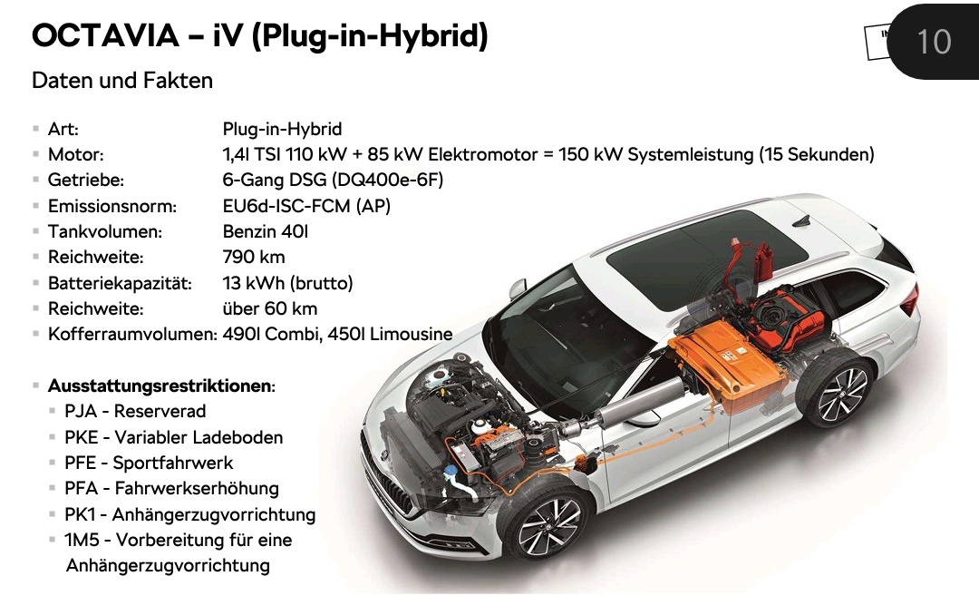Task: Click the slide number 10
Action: click(934, 41)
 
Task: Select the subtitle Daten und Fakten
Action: click(122, 81)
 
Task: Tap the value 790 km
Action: click(254, 258)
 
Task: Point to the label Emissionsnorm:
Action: click(111, 207)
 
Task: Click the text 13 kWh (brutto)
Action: click(287, 283)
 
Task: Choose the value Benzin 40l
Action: click(266, 232)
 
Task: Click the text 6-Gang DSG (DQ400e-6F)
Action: click(333, 181)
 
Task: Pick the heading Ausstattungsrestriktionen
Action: click(160, 386)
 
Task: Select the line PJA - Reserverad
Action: click(135, 412)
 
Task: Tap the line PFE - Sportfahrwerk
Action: click(149, 463)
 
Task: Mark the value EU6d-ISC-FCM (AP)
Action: click(306, 207)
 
